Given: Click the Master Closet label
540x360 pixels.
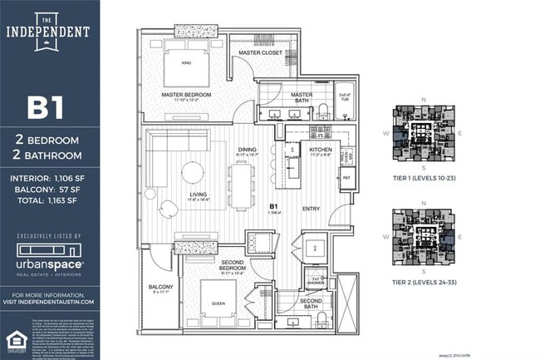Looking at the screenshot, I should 260,52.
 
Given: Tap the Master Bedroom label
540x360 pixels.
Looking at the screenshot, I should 186,95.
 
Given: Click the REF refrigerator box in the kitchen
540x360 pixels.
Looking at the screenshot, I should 346,177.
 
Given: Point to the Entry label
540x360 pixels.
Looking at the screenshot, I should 311,209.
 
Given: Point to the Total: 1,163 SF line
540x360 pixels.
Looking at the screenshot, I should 50,200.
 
